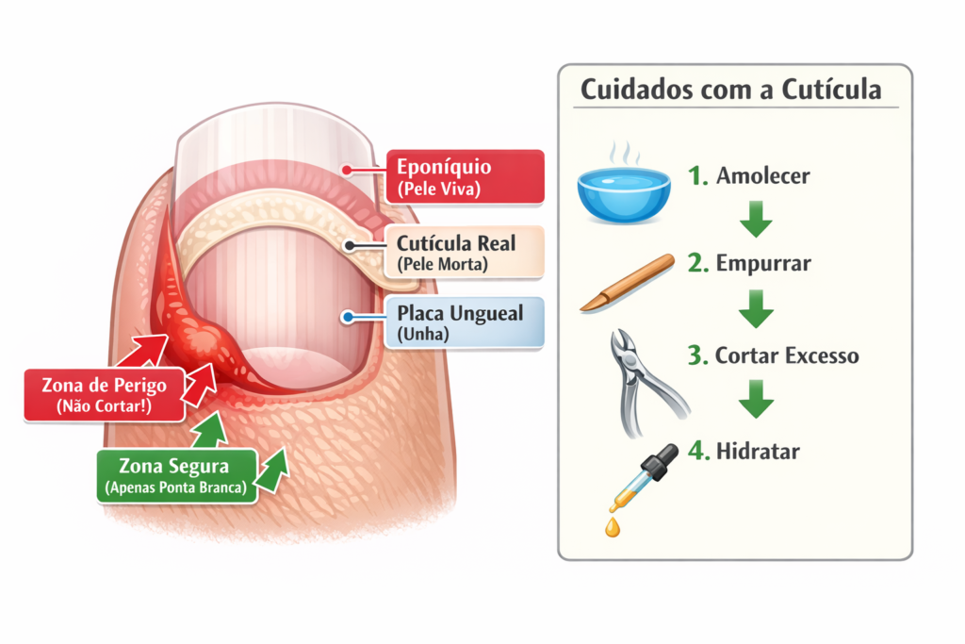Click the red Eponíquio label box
coord(465,176)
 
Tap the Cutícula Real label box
coord(465,253)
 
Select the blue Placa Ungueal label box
coord(465,322)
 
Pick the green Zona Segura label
coord(176,475)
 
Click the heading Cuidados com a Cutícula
coord(731,90)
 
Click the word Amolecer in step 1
coord(762,176)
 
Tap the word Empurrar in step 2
coord(762,264)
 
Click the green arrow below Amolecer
coord(755,219)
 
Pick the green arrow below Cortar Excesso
coord(755,400)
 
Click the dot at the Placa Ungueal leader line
coord(349,318)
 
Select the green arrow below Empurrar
coord(755,307)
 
